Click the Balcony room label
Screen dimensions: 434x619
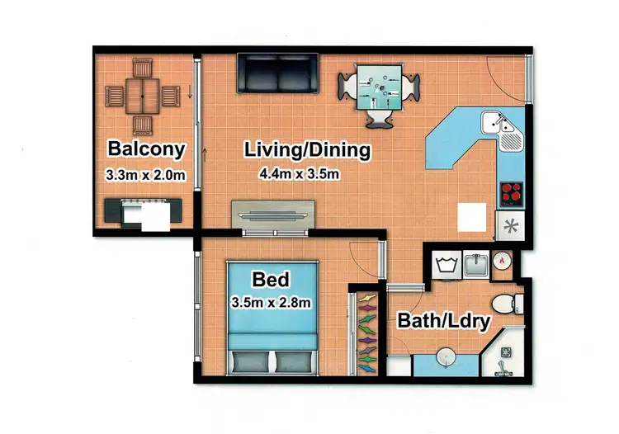click(x=145, y=150)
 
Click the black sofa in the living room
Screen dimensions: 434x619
click(x=276, y=73)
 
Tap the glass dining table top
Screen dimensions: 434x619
click(x=379, y=88)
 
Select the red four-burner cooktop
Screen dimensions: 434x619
click(x=512, y=193)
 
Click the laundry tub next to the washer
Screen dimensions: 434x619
click(x=478, y=266)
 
